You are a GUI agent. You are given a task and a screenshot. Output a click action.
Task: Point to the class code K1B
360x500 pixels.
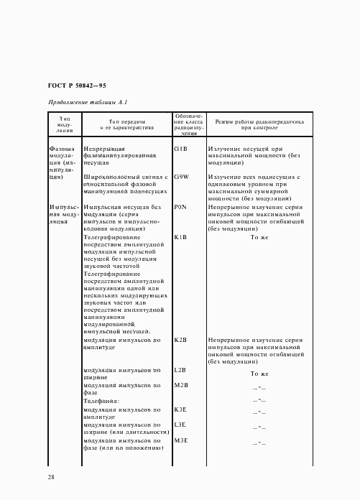click(180, 236)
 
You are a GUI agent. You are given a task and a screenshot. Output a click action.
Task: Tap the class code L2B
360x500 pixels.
click(180, 370)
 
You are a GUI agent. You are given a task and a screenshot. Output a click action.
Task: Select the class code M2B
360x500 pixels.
click(181, 385)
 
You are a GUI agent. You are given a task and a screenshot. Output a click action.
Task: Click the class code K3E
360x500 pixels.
click(180, 409)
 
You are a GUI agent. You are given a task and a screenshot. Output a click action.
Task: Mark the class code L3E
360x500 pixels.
click(180, 425)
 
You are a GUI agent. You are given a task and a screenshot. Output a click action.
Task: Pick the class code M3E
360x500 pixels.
click(181, 440)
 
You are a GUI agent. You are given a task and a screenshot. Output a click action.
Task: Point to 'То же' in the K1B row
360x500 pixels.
click(259, 236)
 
